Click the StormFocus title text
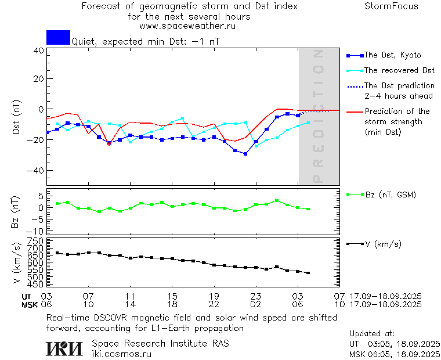pyautogui.click(x=391, y=6)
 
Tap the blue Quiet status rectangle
pyautogui.click(x=58, y=37)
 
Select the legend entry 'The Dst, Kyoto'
pyautogui.click(x=392, y=55)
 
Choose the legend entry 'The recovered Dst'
pyautogui.click(x=399, y=70)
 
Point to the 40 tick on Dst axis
pyautogui.click(x=38, y=51)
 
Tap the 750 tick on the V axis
pyautogui.click(x=36, y=241)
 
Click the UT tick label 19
pyautogui.click(x=214, y=296)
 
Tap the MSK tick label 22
pyautogui.click(x=214, y=304)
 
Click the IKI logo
pyautogui.click(x=66, y=348)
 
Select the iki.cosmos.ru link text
pyautogui.click(x=122, y=354)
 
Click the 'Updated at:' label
pyautogui.click(x=371, y=334)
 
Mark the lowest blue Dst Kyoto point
pyautogui.click(x=245, y=154)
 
